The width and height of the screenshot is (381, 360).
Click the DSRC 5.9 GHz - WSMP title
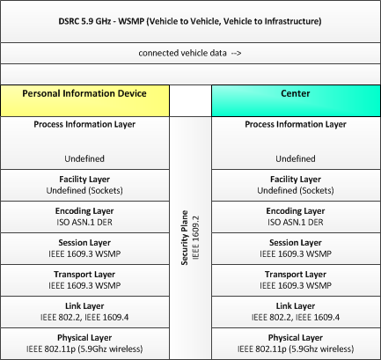click(x=190, y=21)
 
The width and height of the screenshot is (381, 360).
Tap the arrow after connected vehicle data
click(x=236, y=53)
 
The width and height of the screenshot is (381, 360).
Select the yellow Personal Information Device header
click(x=84, y=100)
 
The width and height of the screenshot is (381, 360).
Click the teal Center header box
click(x=296, y=100)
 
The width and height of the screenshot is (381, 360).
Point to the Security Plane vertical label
click(x=185, y=238)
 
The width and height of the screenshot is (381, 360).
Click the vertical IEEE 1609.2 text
click(x=195, y=238)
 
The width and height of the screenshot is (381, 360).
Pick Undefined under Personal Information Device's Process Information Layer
click(x=84, y=158)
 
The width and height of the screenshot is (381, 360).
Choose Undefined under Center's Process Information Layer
click(x=296, y=158)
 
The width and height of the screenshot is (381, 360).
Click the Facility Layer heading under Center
click(x=296, y=180)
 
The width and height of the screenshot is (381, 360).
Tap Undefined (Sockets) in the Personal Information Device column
click(x=84, y=190)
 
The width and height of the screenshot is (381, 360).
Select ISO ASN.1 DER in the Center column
click(x=296, y=222)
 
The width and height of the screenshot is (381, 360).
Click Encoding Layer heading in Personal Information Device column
click(x=84, y=211)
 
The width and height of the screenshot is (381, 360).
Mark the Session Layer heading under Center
click(x=296, y=243)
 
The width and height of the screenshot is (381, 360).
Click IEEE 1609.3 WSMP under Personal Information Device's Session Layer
click(x=84, y=253)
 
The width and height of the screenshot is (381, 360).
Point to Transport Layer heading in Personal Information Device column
click(x=84, y=275)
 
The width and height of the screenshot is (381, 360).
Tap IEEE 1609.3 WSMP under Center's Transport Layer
click(x=296, y=285)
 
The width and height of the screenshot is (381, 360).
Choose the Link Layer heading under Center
click(x=296, y=306)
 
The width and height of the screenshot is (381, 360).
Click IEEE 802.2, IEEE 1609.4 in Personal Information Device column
click(x=84, y=317)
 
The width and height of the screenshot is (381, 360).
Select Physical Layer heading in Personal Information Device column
click(x=84, y=338)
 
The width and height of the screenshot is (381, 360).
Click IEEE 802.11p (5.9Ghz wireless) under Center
click(x=296, y=349)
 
